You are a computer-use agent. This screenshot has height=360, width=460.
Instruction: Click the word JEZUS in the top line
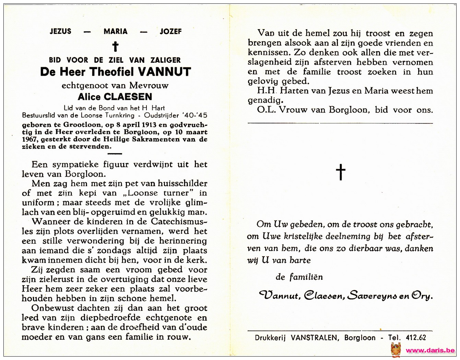(x=60, y=32)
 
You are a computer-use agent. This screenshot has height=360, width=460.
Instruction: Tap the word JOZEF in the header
(x=170, y=32)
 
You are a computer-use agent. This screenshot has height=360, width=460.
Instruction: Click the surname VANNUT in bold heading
(x=164, y=72)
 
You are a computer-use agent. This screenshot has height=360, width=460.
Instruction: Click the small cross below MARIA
(x=116, y=46)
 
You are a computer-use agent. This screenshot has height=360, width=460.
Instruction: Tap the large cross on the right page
(x=340, y=172)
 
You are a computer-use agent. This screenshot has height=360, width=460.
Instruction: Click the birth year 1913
(x=148, y=124)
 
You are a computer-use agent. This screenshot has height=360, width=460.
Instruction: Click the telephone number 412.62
(x=416, y=338)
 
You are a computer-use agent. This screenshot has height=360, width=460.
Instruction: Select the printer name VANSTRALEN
(x=314, y=338)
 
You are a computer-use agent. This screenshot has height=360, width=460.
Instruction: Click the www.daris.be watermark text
(x=430, y=350)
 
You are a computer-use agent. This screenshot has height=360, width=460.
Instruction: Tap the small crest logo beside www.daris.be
(x=396, y=349)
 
